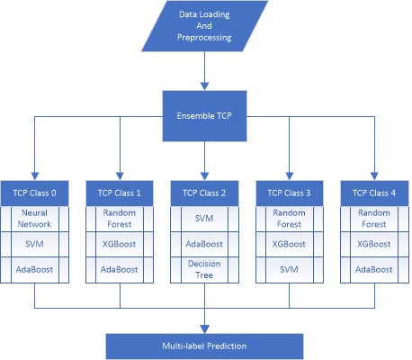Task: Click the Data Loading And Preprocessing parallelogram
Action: coord(204,26)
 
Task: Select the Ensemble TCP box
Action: coord(204,116)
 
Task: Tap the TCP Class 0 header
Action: coord(35,193)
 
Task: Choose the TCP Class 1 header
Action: coord(120,193)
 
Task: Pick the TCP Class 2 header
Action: coord(204,193)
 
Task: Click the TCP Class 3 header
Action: coord(290,193)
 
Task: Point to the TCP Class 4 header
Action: coord(374,193)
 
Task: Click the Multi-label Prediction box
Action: coord(204,346)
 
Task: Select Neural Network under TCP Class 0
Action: coord(35,219)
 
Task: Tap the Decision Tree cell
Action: coord(204,270)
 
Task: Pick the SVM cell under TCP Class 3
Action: coord(290,270)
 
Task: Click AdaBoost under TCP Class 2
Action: coord(204,244)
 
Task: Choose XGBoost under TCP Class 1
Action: coord(120,244)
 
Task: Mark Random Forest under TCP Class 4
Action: coord(374,219)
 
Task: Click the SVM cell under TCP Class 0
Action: coord(35,244)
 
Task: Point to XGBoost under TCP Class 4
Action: coord(374,244)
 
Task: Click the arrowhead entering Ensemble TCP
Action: coord(204,86)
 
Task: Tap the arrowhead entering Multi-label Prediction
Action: coord(204,329)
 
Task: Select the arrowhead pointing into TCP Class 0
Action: coord(35,176)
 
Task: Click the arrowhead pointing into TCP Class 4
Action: coord(374,176)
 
